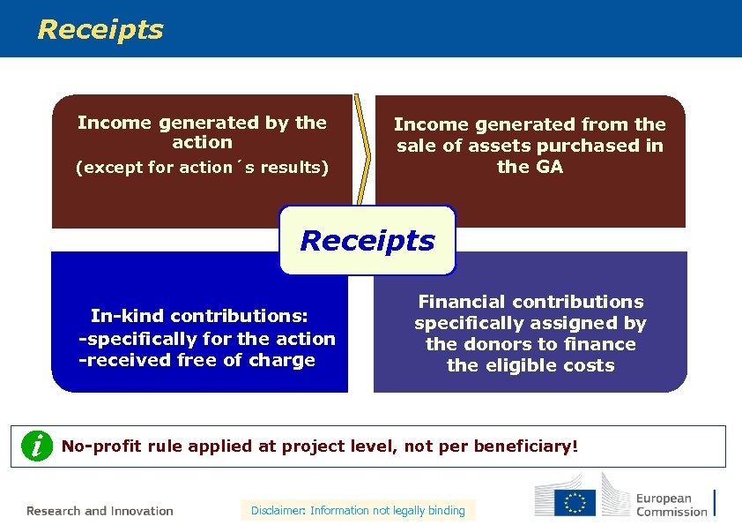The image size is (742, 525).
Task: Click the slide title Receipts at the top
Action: click(100, 29)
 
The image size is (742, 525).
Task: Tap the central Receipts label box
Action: click(367, 240)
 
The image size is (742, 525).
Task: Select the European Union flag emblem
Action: click(575, 503)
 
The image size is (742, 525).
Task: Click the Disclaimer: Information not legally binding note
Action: click(358, 510)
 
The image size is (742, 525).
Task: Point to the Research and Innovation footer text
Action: click(100, 511)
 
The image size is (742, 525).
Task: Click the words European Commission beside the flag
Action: click(672, 505)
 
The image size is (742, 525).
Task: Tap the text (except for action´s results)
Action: click(202, 167)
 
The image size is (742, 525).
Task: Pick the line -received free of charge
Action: click(197, 360)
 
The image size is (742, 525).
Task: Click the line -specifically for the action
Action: click(207, 339)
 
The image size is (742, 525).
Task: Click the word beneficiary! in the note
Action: click(526, 446)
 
